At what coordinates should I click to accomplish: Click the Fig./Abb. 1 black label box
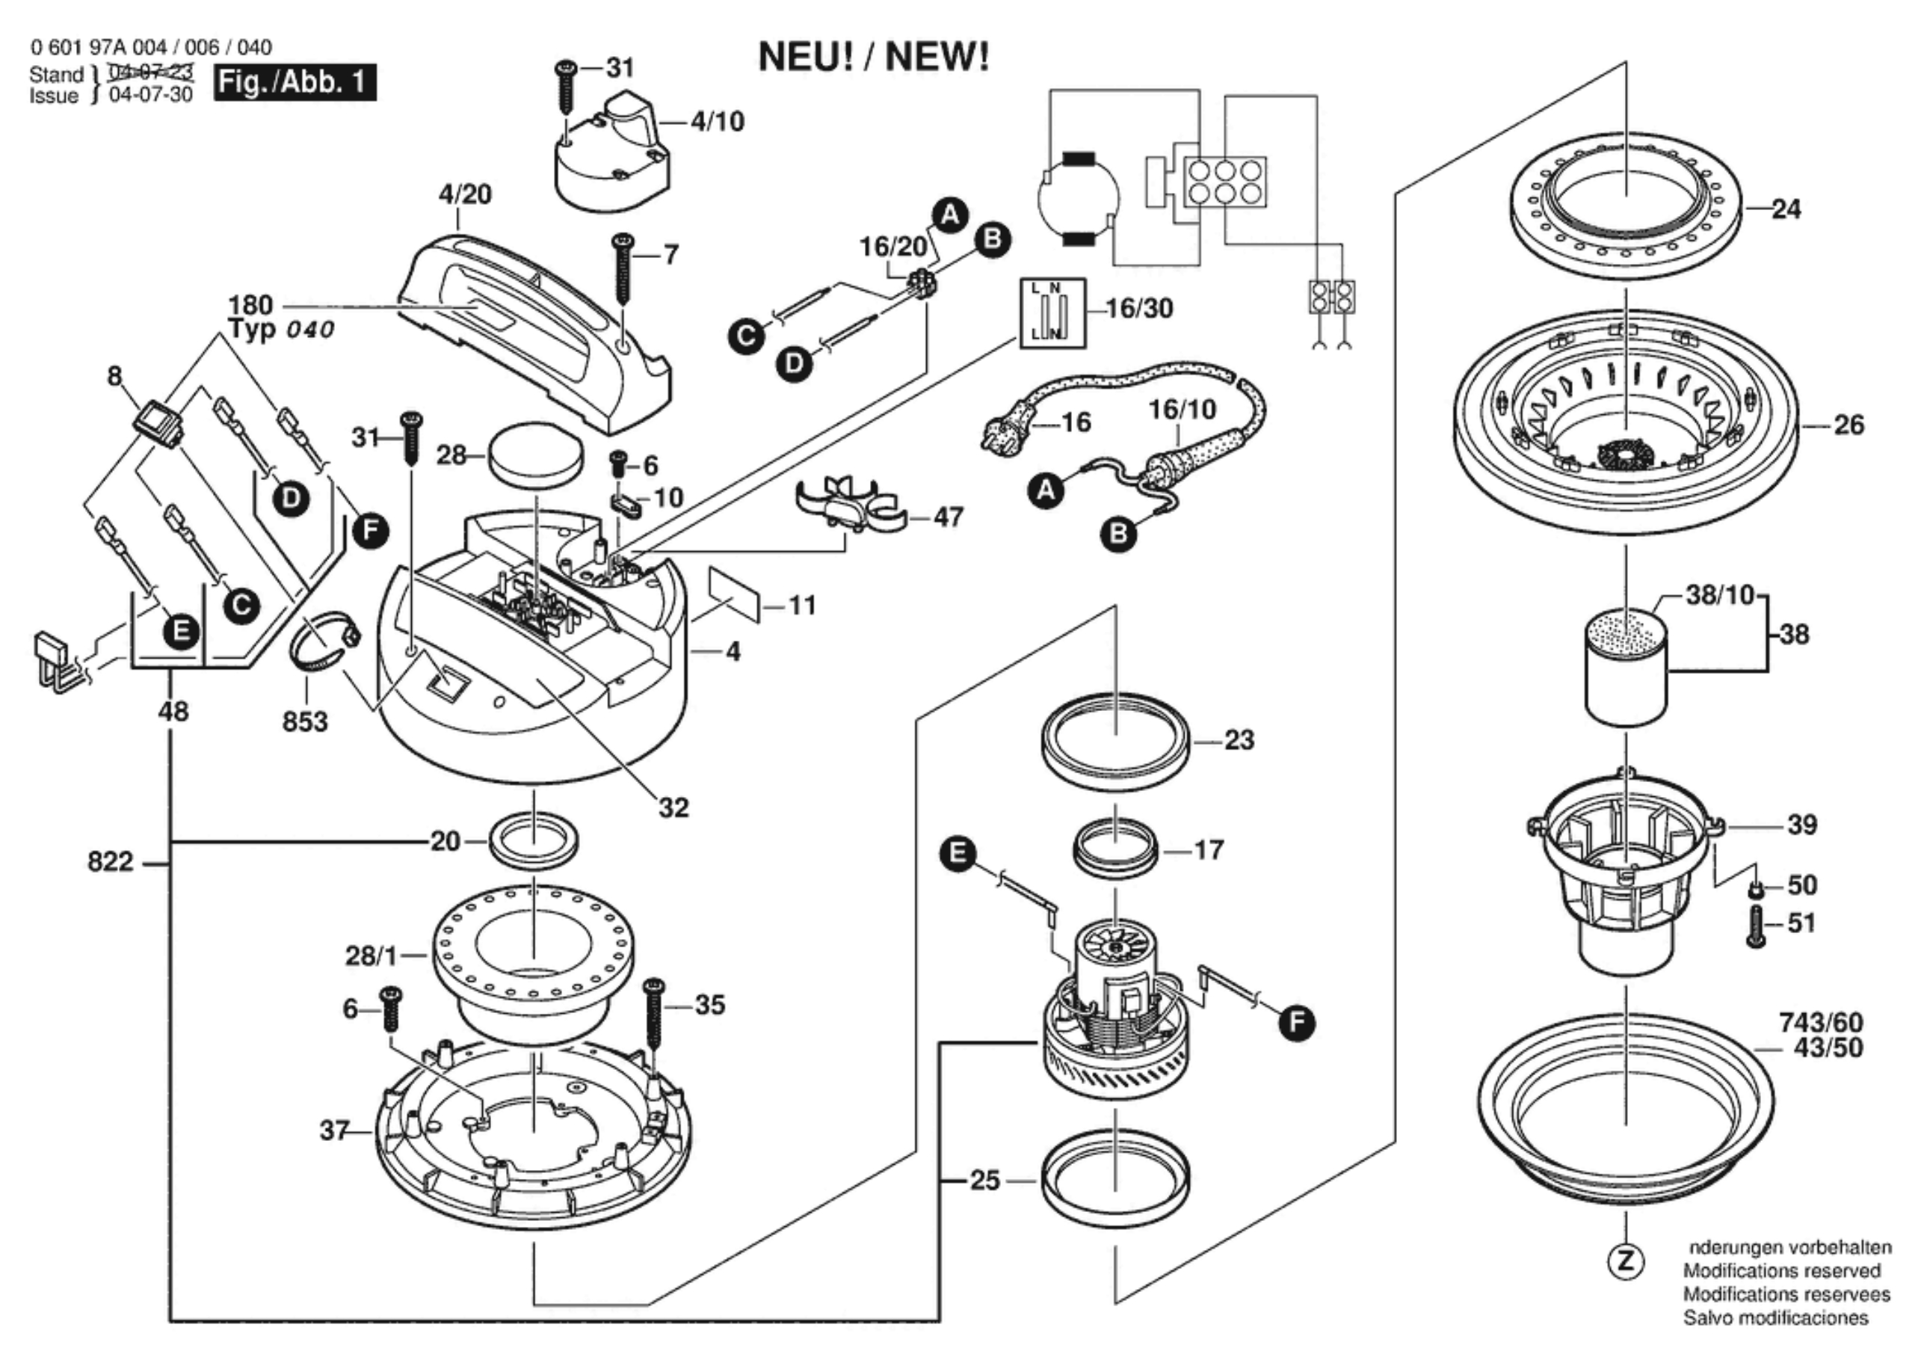(x=294, y=82)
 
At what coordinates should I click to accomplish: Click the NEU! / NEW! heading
(x=873, y=57)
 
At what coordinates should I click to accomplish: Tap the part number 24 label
(x=1786, y=209)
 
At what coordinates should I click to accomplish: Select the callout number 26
(x=1849, y=425)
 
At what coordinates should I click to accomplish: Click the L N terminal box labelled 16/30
(x=1052, y=313)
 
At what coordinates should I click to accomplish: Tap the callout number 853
(x=305, y=721)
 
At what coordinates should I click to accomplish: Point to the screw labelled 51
(x=1757, y=928)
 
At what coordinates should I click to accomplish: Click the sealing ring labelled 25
(x=1115, y=1180)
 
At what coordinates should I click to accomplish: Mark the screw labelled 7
(x=623, y=268)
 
